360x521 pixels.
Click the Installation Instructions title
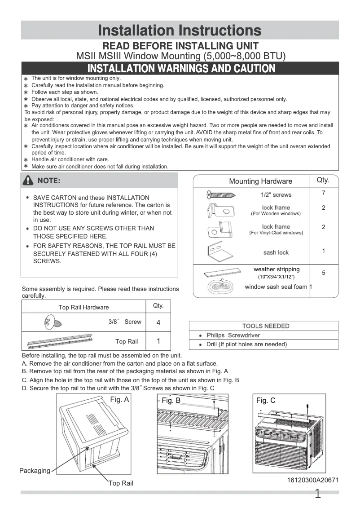click(180, 31)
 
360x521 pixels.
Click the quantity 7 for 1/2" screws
click(323, 193)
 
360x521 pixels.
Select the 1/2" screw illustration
click(221, 194)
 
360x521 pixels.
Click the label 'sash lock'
click(276, 252)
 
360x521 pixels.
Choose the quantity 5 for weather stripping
click(323, 273)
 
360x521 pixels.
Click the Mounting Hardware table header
click(260, 181)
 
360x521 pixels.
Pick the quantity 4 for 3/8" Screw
click(158, 322)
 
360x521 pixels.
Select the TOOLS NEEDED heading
click(266, 326)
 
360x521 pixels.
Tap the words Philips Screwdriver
click(233, 336)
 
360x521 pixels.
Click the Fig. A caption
click(119, 399)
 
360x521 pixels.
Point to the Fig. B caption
click(171, 400)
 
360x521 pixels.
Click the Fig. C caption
click(266, 400)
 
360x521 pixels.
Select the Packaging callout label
click(35, 471)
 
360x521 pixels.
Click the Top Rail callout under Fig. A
click(121, 483)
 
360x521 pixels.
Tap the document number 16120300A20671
click(313, 480)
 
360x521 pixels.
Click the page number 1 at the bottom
click(318, 495)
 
